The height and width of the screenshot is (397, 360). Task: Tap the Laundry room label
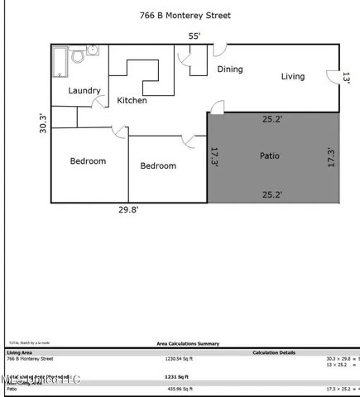[84, 91]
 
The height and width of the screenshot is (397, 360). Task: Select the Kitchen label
[132, 101]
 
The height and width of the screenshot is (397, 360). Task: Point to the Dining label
[230, 69]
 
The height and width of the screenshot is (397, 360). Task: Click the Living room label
[292, 77]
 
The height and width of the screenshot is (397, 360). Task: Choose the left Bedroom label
[87, 161]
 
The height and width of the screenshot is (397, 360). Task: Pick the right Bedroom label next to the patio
[157, 166]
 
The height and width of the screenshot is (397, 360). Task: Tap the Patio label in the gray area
[269, 155]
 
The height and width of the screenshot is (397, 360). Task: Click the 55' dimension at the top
[194, 36]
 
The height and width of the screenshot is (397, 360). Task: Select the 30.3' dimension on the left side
[43, 123]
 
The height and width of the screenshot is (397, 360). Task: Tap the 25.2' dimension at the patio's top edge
[272, 119]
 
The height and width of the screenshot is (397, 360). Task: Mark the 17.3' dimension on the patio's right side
[332, 157]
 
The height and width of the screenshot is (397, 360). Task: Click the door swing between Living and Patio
[217, 106]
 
